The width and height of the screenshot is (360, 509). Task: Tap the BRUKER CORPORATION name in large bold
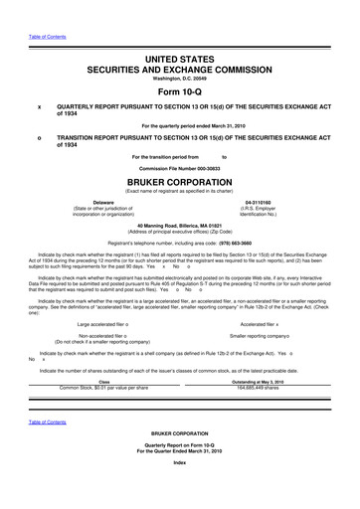click(x=180, y=185)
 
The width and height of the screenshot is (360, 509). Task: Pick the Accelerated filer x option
click(x=264, y=324)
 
